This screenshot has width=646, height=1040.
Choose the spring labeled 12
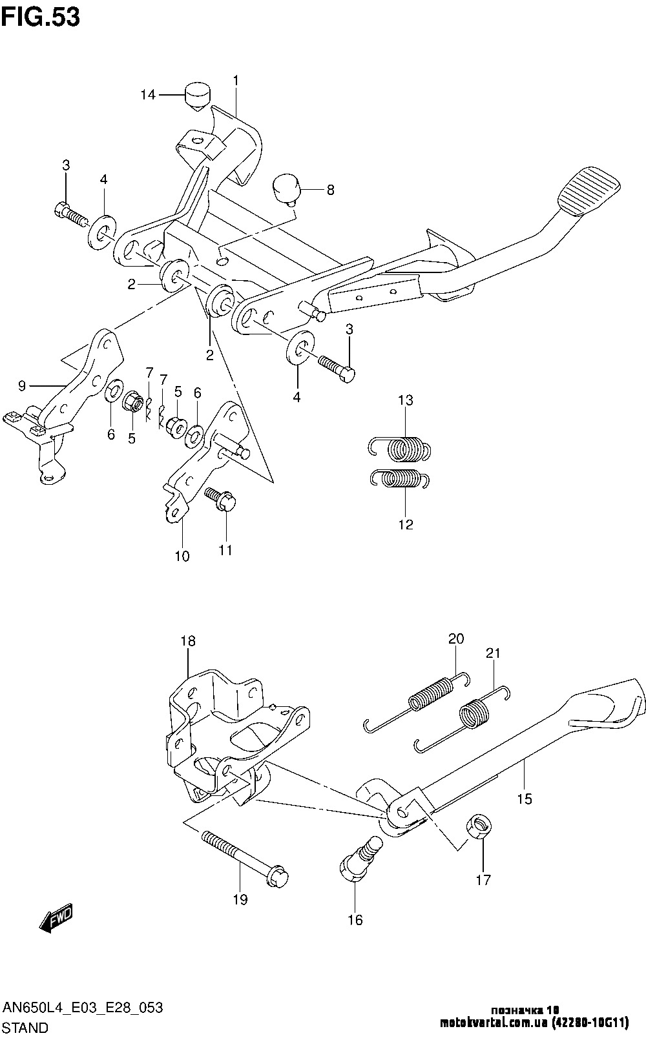(x=399, y=479)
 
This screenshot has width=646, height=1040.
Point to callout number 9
(x=22, y=386)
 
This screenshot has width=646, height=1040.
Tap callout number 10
(x=182, y=556)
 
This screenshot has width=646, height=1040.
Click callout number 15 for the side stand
(x=525, y=799)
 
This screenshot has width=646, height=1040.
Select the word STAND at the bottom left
(x=26, y=1027)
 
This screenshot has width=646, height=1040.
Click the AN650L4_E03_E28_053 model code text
(x=83, y=1008)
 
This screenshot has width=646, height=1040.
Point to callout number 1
(x=236, y=80)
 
